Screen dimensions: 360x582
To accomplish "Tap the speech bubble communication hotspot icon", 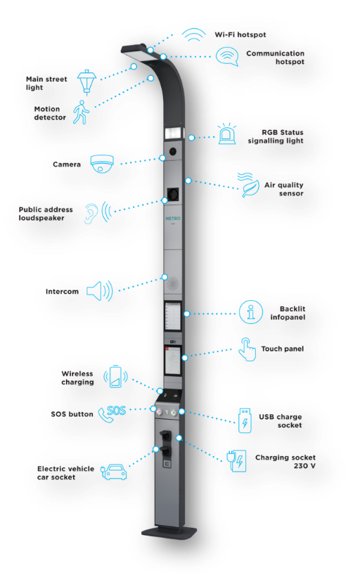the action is pyautogui.click(x=227, y=56).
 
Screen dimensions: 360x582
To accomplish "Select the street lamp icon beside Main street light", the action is pyautogui.click(x=86, y=82).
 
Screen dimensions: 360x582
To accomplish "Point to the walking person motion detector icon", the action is pyautogui.click(x=81, y=112).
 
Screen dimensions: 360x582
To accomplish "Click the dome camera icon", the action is pyautogui.click(x=102, y=164).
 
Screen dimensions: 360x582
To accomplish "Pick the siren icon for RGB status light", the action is pyautogui.click(x=227, y=134).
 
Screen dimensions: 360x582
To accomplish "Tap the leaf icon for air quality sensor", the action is pyautogui.click(x=249, y=184).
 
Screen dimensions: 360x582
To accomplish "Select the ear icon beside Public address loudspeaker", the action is pyautogui.click(x=97, y=213).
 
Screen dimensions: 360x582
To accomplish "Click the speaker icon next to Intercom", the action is pyautogui.click(x=99, y=291).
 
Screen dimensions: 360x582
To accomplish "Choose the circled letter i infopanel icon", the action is pyautogui.click(x=250, y=312).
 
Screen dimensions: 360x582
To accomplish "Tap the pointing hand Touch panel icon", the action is pyautogui.click(x=247, y=349).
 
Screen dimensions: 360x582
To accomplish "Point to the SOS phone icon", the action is pyautogui.click(x=112, y=413).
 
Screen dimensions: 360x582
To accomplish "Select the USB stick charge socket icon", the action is pyautogui.click(x=245, y=420).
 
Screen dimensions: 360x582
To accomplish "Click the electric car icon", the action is pyautogui.click(x=114, y=472).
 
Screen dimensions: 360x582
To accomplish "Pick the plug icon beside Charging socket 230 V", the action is pyautogui.click(x=236, y=460).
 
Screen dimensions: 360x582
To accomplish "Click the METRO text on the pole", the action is pyautogui.click(x=173, y=219).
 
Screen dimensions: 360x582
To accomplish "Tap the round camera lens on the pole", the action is pyautogui.click(x=173, y=151).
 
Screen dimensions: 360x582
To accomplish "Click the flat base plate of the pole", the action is pyautogui.click(x=169, y=533).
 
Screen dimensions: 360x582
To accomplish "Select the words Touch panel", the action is pyautogui.click(x=283, y=349).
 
